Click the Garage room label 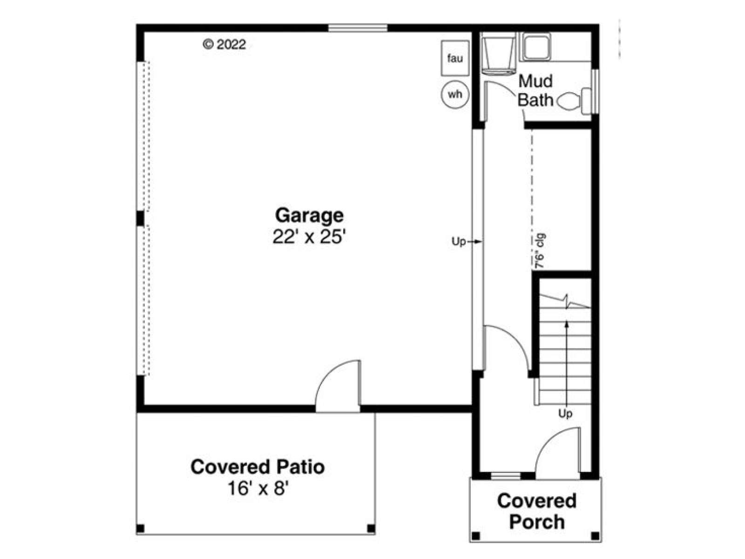309,216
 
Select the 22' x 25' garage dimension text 309,237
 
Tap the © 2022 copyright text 224,44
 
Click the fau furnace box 455,58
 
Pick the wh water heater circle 455,94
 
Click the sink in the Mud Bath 536,47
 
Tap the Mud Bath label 535,91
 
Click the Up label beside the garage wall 459,242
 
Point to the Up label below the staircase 565,413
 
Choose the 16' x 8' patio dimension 258,489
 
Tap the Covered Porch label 536,511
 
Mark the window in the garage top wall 358,28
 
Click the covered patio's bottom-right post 371,528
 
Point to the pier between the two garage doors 140,218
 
